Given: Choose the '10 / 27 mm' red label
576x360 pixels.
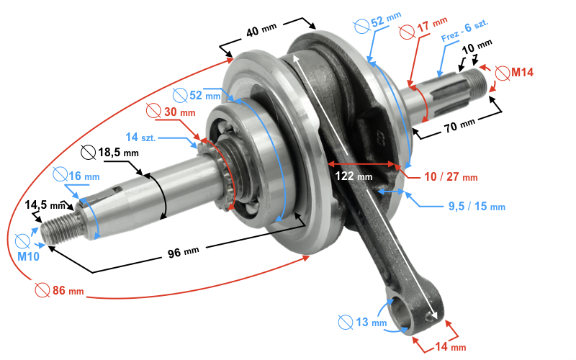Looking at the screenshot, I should (450, 176).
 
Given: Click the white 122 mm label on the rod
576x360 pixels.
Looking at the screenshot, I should (353, 175).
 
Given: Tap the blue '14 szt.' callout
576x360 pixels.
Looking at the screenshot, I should (141, 137).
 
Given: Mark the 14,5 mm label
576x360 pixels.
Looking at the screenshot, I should (45, 205).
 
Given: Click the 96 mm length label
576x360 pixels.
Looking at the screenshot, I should (182, 251).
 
